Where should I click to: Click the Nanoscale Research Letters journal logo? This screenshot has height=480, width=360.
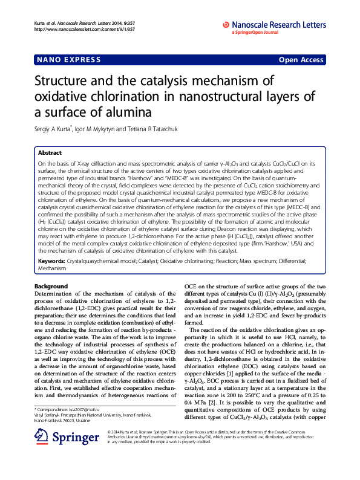[x=275, y=25]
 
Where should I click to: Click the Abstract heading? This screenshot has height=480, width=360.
[x=50, y=154]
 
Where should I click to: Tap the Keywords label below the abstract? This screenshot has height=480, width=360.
[x=53, y=260]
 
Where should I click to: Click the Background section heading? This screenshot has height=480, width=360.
[x=51, y=285]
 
